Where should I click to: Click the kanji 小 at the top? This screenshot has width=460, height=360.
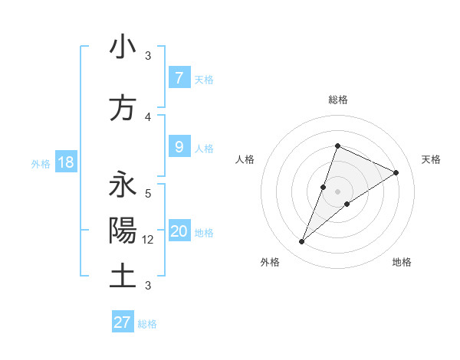(123, 47)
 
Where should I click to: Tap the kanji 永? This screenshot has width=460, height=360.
(123, 185)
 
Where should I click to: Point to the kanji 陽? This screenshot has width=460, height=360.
(123, 231)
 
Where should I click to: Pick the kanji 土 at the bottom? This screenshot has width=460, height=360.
(123, 276)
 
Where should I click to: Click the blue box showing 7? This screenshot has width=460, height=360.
(179, 77)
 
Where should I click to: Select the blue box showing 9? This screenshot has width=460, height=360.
(179, 147)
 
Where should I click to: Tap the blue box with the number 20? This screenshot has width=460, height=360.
(179, 231)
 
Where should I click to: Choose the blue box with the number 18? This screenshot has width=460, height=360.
(65, 162)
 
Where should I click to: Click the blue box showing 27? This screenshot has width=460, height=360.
(122, 322)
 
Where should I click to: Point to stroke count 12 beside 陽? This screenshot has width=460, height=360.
(149, 240)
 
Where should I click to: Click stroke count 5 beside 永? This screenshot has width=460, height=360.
(148, 193)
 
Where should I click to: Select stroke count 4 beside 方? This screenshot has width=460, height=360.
(148, 117)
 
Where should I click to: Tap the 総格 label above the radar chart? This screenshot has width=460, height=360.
(338, 100)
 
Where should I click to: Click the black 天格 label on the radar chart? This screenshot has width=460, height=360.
(432, 159)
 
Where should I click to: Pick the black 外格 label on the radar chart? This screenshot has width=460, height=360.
(269, 262)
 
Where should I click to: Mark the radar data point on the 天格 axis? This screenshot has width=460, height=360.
(396, 172)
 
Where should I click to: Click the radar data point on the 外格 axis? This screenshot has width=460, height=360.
(302, 242)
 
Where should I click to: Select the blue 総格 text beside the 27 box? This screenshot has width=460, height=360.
(147, 324)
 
